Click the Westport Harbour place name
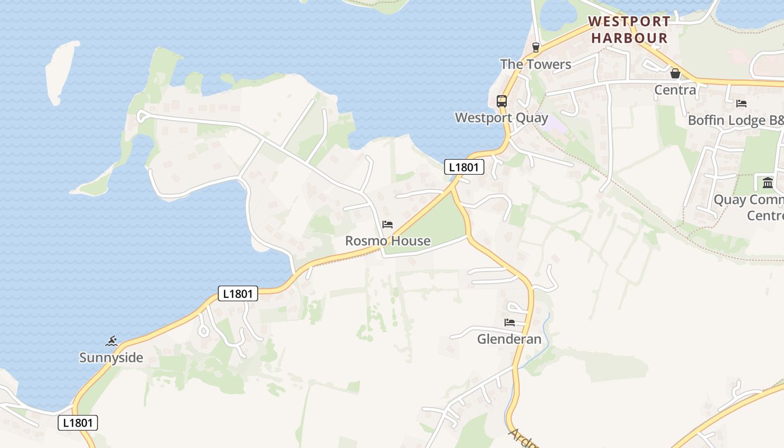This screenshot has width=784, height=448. pyautogui.click(x=629, y=30)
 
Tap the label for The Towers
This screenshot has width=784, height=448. pyautogui.click(x=535, y=64)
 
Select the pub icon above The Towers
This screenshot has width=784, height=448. pyautogui.click(x=536, y=47)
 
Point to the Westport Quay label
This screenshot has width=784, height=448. pyautogui.click(x=501, y=118)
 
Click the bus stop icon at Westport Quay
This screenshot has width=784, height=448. pyautogui.click(x=502, y=101)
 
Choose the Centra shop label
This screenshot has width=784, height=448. pyautogui.click(x=675, y=90)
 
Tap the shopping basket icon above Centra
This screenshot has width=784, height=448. pyautogui.click(x=675, y=73)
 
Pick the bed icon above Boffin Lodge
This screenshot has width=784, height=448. pyautogui.click(x=741, y=104)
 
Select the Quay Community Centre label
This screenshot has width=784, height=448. pyautogui.click(x=748, y=208)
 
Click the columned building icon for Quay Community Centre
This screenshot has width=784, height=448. pyautogui.click(x=768, y=183)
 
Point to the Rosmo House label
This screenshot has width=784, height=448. pyautogui.click(x=388, y=241)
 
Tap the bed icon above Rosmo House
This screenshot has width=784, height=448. pyautogui.click(x=388, y=225)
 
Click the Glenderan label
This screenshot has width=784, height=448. pyautogui.click(x=509, y=339)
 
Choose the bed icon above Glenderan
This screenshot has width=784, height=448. pyautogui.click(x=510, y=323)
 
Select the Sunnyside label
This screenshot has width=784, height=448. pyautogui.click(x=111, y=358)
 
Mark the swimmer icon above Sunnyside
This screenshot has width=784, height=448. pyautogui.click(x=111, y=341)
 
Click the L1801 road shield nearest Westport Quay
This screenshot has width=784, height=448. pyautogui.click(x=464, y=167)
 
